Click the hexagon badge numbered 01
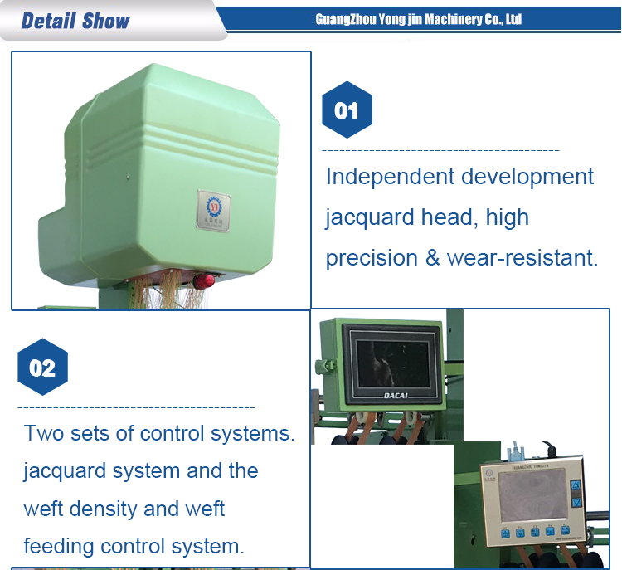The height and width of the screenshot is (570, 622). point(347,110)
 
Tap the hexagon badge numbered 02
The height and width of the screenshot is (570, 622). point(42,367)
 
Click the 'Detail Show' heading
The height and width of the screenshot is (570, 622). point(75,21)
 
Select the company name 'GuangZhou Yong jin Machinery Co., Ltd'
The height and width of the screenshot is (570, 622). point(419,19)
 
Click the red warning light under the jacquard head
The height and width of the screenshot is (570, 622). point(202,280)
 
